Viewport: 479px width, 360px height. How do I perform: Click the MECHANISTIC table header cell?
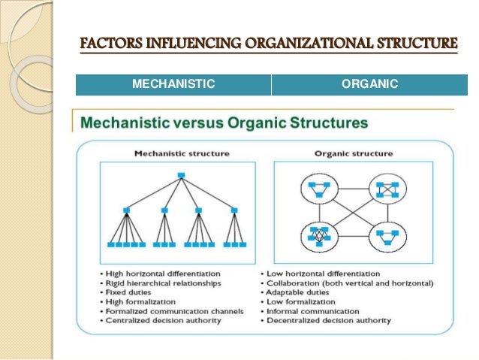[173, 84]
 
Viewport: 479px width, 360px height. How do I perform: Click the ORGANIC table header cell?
[363, 84]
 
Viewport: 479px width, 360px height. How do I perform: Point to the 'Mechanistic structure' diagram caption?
[181, 153]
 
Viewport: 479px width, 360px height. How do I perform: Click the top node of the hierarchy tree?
[181, 176]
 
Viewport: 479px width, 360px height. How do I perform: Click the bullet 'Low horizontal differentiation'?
[324, 273]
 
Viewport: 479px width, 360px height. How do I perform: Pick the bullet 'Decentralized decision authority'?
[329, 321]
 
